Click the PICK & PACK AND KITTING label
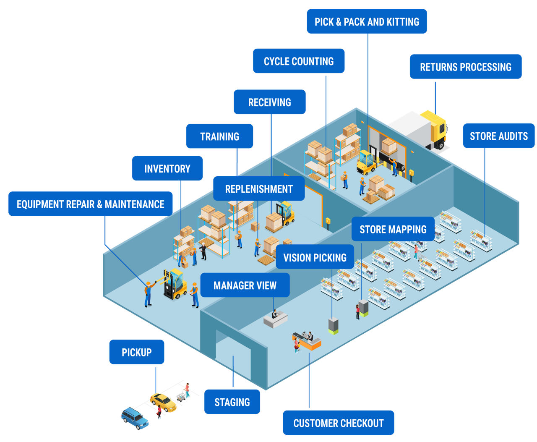click(367, 22)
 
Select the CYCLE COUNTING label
click(299, 61)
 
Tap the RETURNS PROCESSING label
click(465, 67)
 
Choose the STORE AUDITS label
click(498, 136)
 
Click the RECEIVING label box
click(269, 102)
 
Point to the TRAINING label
click(219, 136)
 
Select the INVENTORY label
click(167, 169)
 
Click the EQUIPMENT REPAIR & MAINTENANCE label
click(90, 204)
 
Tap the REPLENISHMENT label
click(259, 189)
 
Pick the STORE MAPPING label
click(393, 229)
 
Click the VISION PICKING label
click(315, 257)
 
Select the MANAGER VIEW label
click(245, 285)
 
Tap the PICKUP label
click(136, 352)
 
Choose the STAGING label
click(232, 402)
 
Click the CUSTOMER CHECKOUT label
click(338, 423)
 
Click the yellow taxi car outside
click(163, 402)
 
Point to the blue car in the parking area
click(135, 418)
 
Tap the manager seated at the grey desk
click(274, 314)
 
